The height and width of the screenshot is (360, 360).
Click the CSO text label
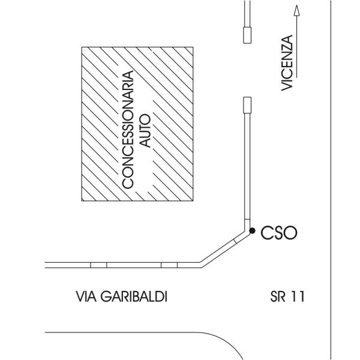click(x=280, y=232)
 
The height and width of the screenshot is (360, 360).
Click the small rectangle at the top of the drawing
click(x=247, y=35)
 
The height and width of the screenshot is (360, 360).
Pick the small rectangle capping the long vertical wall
click(x=247, y=104)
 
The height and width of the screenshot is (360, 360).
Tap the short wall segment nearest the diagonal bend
click(x=170, y=265)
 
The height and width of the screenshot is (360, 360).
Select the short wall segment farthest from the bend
click(x=98, y=265)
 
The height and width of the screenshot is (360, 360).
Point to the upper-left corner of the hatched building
click(x=82, y=46)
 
